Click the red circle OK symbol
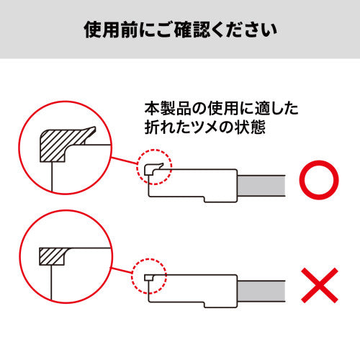coord(316,182)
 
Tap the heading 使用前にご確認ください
coord(180,30)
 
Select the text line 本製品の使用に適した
coord(221,109)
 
